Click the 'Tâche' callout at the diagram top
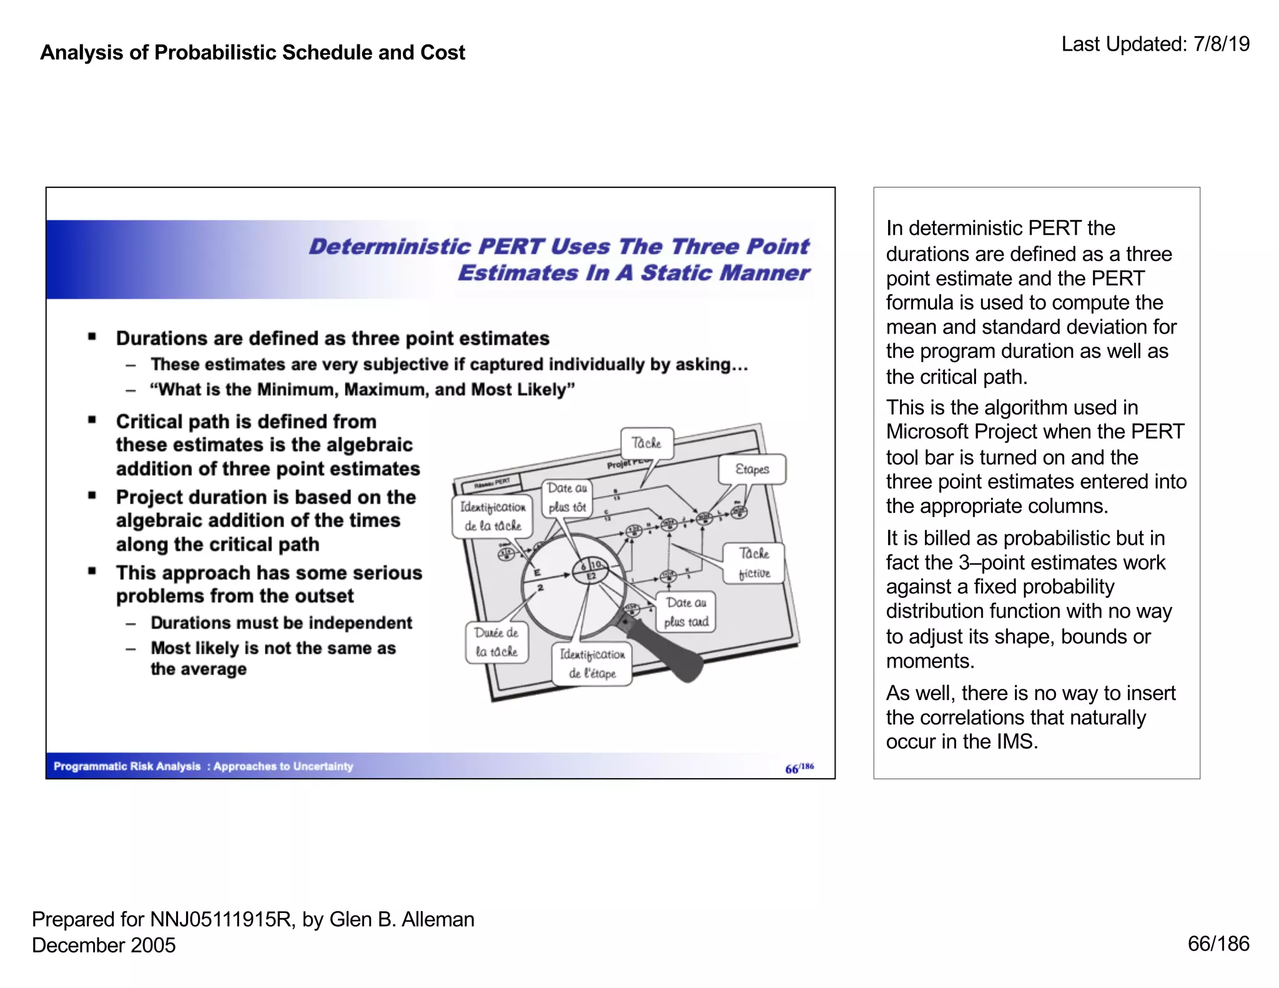[x=646, y=443]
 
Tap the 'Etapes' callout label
[x=752, y=469]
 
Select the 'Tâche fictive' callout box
[x=754, y=563]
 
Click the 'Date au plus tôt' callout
[x=566, y=497]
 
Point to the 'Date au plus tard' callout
[x=686, y=611]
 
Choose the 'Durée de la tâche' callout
[x=496, y=641]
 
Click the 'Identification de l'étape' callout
[x=591, y=664]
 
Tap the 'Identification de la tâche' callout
[x=492, y=516]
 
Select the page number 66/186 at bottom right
[x=1218, y=943]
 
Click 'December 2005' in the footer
[x=104, y=945]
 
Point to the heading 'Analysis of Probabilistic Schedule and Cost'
[x=252, y=52]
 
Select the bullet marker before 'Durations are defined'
[x=92, y=337]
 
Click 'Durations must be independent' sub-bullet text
[x=281, y=623]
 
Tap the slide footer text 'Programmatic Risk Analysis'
[x=127, y=766]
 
